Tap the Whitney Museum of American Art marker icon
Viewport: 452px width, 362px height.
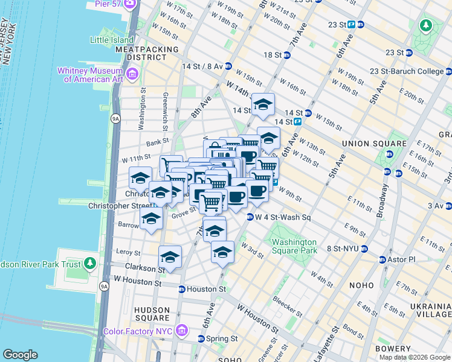132,74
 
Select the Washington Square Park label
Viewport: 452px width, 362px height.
294,246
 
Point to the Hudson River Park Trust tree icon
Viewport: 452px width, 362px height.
90,263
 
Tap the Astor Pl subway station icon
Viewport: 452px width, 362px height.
383,259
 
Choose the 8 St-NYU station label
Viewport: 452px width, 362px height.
344,248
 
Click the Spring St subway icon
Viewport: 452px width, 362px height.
201,338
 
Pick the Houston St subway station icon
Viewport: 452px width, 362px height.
182,290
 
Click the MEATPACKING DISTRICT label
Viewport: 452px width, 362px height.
147,53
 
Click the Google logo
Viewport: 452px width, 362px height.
21,355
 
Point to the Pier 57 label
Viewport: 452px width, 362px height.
110,4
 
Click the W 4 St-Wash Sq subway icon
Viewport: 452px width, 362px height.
250,217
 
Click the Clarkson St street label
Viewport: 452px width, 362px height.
141,266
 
